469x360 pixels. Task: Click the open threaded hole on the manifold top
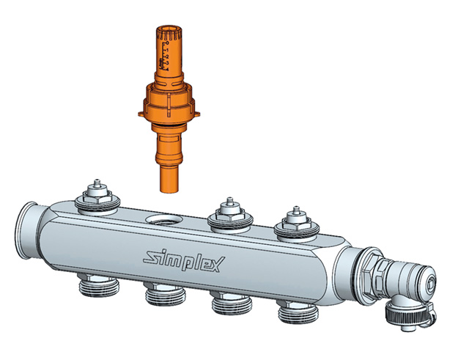[x=160, y=220]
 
